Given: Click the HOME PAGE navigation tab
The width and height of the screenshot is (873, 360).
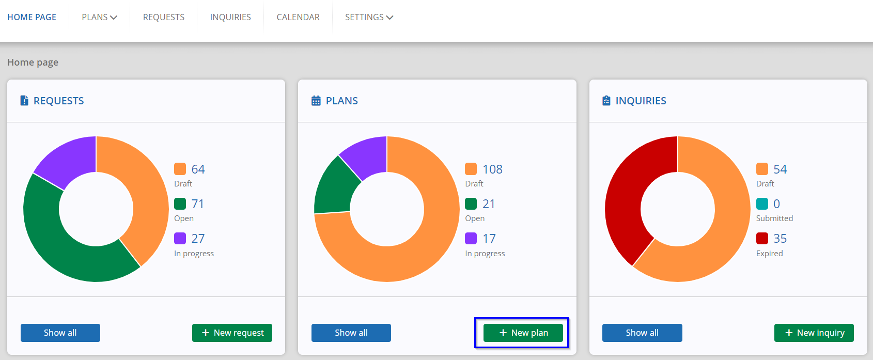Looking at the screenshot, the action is click(32, 17).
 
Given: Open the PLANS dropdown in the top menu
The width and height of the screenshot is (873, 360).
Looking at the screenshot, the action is click(99, 17).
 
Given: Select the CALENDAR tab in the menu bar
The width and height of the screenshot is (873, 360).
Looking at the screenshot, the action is click(298, 17).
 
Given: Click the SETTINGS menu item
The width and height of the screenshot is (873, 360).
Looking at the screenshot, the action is click(369, 17).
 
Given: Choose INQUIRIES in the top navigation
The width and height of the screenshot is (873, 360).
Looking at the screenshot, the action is click(230, 17).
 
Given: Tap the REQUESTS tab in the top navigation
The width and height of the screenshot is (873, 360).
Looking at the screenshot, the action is click(164, 17).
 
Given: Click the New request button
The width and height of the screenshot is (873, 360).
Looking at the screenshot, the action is click(232, 333).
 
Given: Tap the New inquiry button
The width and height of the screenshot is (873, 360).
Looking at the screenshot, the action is click(814, 333).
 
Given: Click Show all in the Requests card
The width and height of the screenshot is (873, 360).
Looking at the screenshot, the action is click(60, 333).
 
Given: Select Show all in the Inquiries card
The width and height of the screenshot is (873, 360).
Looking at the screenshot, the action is click(642, 333).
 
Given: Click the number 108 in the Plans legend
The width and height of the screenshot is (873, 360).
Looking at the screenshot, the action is click(493, 169).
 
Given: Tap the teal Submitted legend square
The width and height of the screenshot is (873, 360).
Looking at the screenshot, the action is click(762, 204).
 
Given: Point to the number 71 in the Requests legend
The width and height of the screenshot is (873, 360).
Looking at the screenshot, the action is click(198, 204).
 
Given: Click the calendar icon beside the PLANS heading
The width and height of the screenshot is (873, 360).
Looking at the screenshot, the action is click(316, 101).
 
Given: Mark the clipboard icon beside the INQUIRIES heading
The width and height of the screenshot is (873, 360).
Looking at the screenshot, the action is click(606, 101).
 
